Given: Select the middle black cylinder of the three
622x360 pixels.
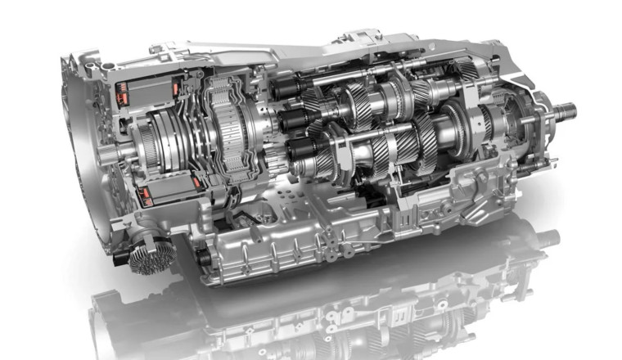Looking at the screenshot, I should tap(291, 119).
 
